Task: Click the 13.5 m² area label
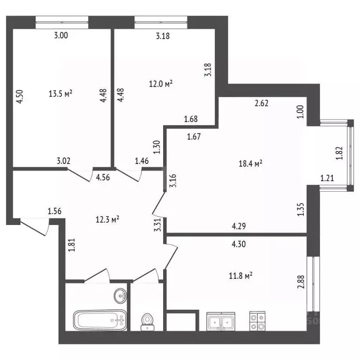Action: (60, 93)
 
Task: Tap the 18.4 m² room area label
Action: (250, 163)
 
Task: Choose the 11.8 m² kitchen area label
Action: (241, 276)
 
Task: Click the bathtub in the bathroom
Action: (100, 321)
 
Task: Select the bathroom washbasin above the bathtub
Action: (120, 296)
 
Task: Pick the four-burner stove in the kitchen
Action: (256, 322)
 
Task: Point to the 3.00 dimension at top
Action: (61, 35)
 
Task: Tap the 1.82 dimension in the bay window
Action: (340, 153)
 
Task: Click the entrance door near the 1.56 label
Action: (35, 226)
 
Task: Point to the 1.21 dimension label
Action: (328, 178)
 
